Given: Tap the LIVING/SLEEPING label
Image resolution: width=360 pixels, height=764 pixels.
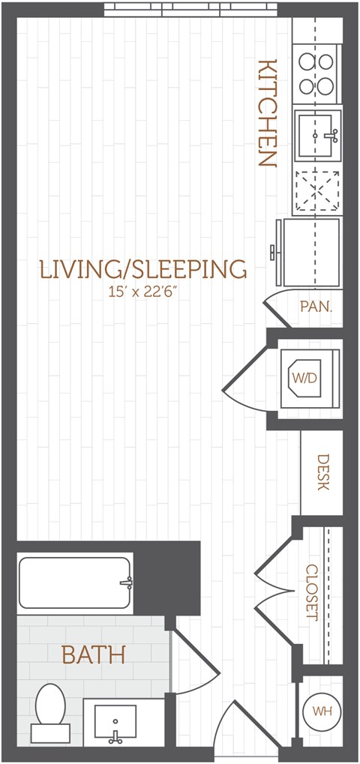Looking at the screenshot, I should coord(142,269).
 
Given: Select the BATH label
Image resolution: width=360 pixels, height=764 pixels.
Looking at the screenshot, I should coord(94,655).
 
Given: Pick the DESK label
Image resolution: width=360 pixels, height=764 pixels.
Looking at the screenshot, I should coord(322,472).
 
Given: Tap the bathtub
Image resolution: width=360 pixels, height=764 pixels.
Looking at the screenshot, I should coord(75,583).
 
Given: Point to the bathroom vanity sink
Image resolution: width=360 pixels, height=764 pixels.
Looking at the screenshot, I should coord(115,723).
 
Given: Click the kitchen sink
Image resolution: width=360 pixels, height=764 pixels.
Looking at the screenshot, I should coord(317,136).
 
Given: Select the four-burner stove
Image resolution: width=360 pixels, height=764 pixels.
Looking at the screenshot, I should coord(316,75).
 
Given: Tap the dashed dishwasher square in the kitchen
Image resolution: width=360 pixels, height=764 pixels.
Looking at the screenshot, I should coord(317,192).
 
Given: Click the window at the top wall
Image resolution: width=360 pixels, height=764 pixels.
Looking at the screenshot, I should coord(190,9).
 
